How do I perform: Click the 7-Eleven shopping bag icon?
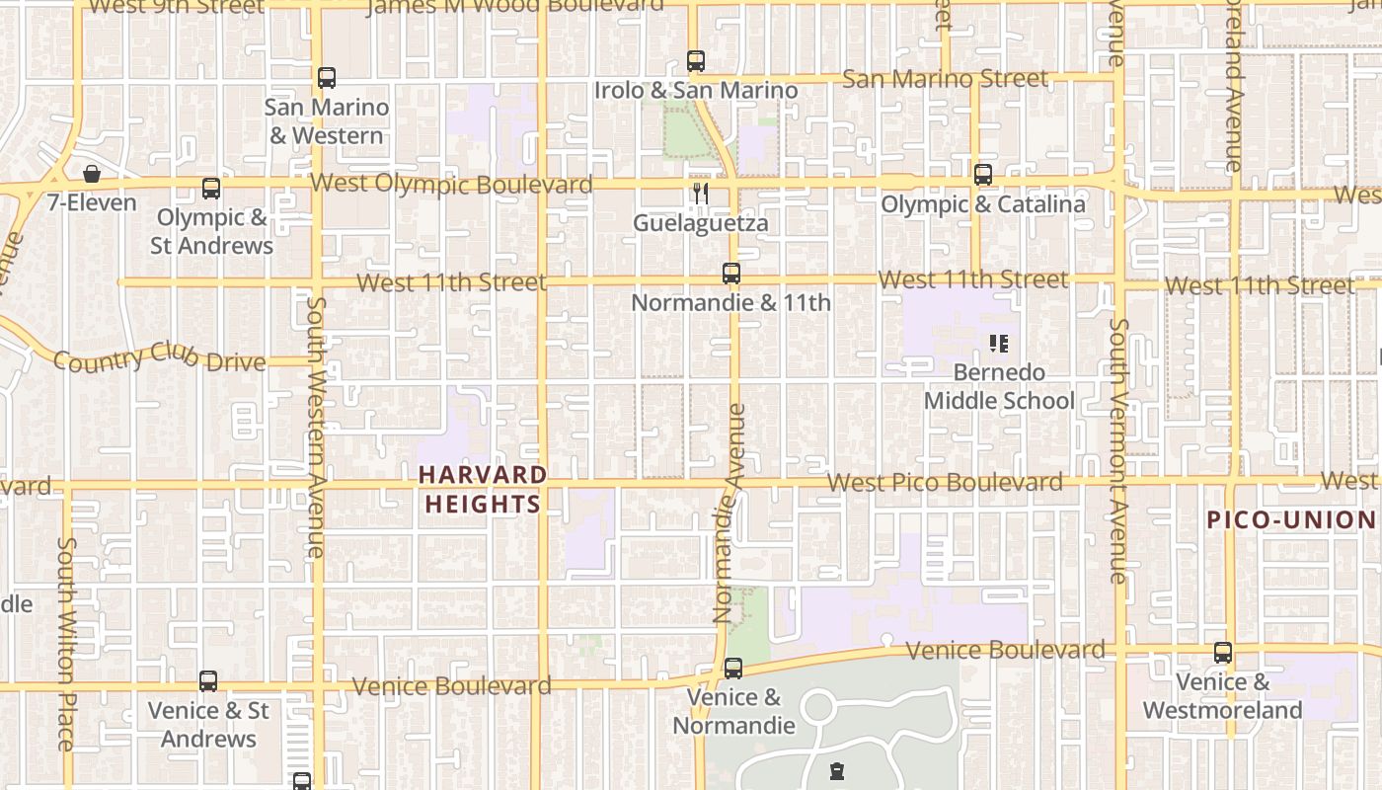(x=92, y=175)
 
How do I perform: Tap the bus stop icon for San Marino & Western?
(x=327, y=77)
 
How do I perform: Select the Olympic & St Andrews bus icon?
(x=211, y=189)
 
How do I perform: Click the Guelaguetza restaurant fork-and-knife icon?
(x=701, y=194)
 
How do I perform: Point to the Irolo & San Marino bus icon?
(x=696, y=61)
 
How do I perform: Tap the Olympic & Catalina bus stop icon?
(x=983, y=175)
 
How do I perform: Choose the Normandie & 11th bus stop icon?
(x=731, y=274)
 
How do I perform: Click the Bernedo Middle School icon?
(x=998, y=344)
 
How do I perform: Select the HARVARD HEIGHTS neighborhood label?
(x=483, y=489)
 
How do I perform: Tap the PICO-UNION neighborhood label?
(x=1291, y=519)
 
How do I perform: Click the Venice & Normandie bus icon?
(x=733, y=669)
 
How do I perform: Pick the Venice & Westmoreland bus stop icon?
(x=1223, y=653)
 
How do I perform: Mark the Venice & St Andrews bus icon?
(x=208, y=681)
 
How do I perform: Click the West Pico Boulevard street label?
(x=945, y=483)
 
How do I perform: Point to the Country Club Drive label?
(x=159, y=357)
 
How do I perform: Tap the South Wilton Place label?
(x=66, y=642)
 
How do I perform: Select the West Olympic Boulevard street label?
(x=451, y=184)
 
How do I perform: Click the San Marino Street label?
(x=945, y=78)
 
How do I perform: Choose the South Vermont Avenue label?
(x=1118, y=449)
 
